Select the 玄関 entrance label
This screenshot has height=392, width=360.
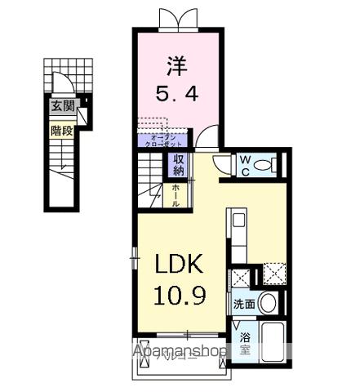[62, 105]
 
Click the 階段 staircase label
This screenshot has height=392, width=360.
[62, 130]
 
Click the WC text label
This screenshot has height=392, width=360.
[245, 165]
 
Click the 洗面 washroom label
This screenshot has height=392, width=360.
[244, 304]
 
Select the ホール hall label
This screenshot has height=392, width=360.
[176, 195]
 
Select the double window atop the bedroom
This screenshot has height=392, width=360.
[177, 18]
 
